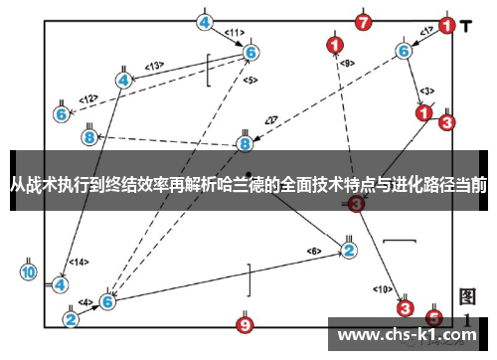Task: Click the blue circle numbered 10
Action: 28,271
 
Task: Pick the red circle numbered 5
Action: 434,317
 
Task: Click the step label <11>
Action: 236,34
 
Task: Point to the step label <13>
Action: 154,66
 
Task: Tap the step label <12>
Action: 89,98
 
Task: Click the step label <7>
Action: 270,120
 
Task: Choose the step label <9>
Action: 347,64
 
